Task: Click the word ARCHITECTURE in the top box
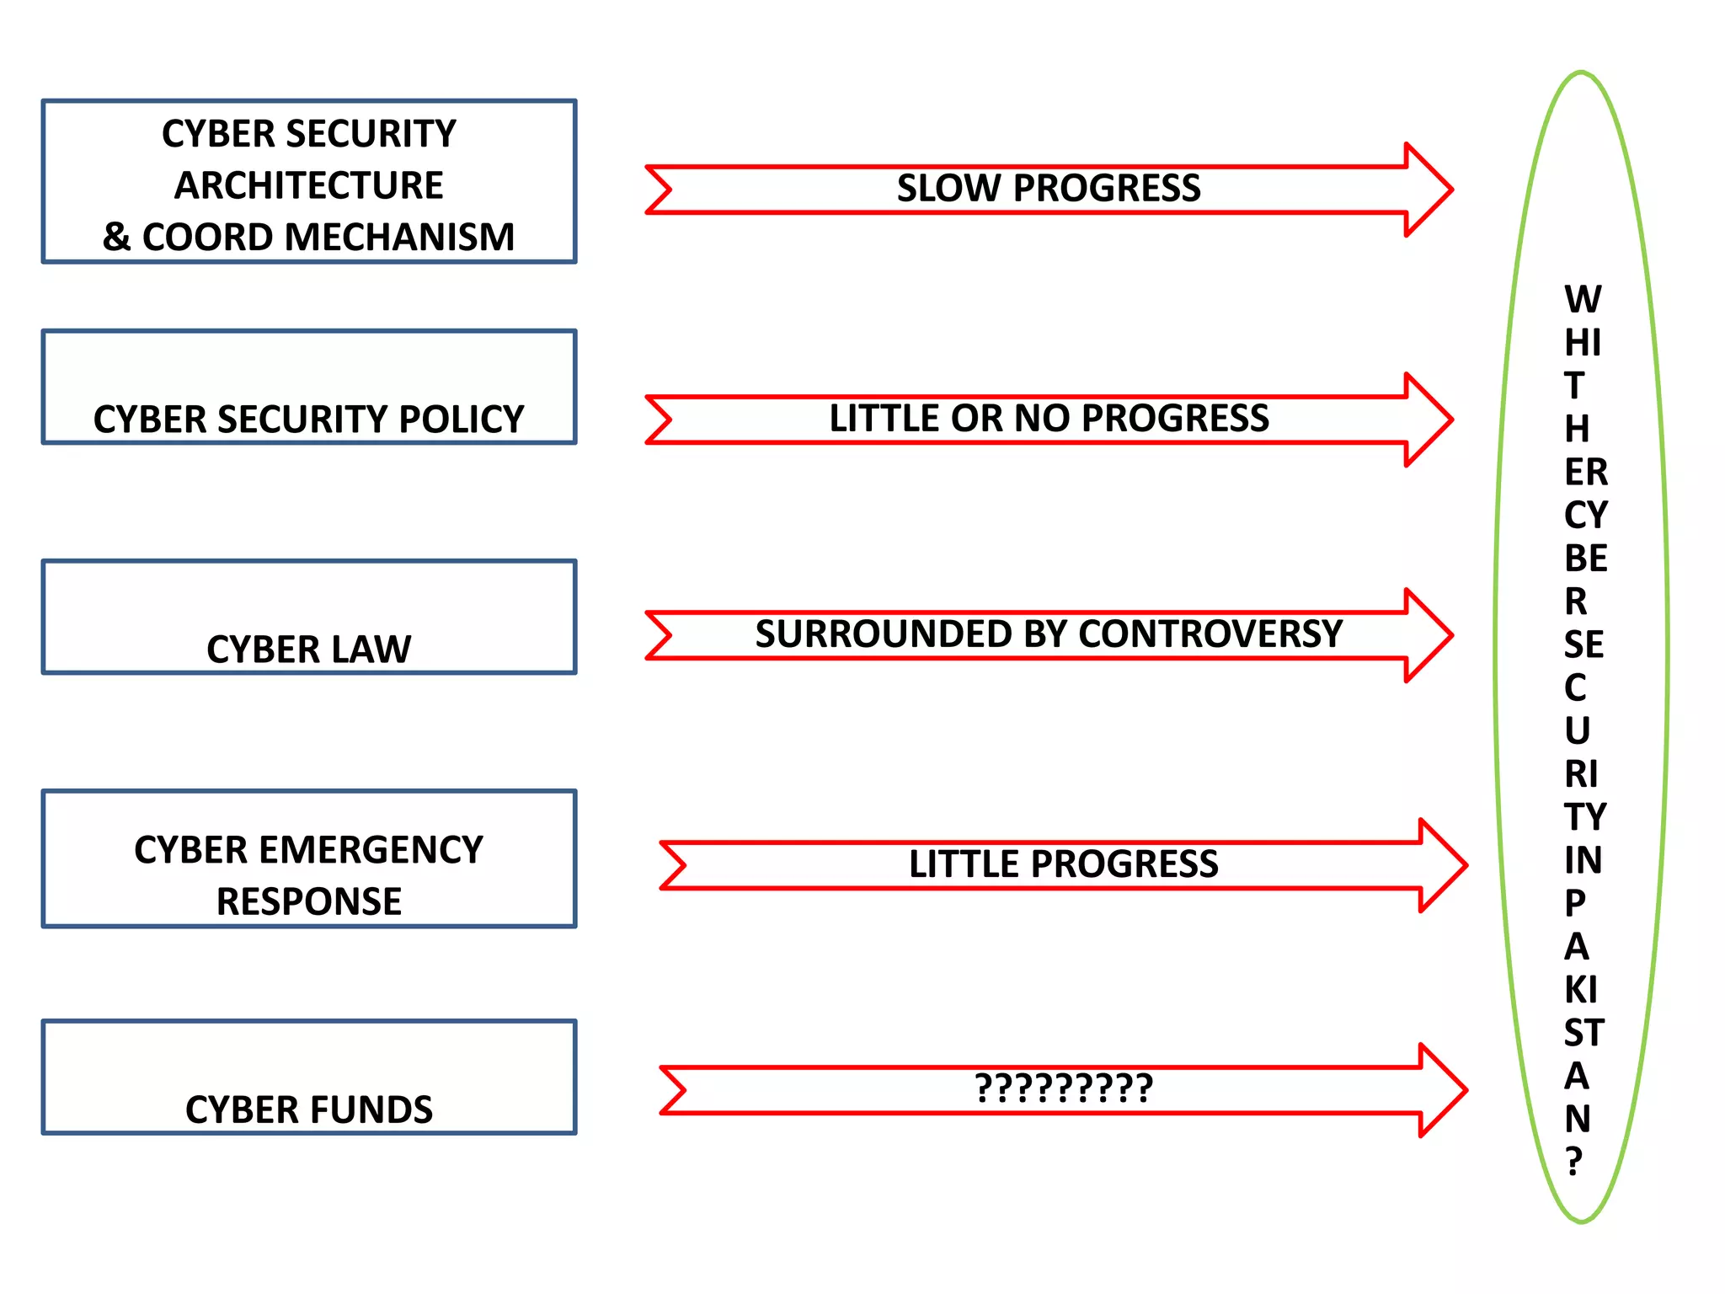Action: coord(308,185)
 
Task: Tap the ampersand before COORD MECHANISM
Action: coord(117,238)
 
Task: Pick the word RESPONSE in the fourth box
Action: coord(308,901)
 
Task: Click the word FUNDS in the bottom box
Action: coord(371,1110)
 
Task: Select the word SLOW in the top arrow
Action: coord(948,188)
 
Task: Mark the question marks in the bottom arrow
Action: coord(1063,1088)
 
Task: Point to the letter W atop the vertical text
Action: coord(1582,300)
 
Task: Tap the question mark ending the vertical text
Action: coord(1573,1162)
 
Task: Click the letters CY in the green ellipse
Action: coord(1585,515)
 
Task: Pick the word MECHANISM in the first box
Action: coord(399,238)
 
